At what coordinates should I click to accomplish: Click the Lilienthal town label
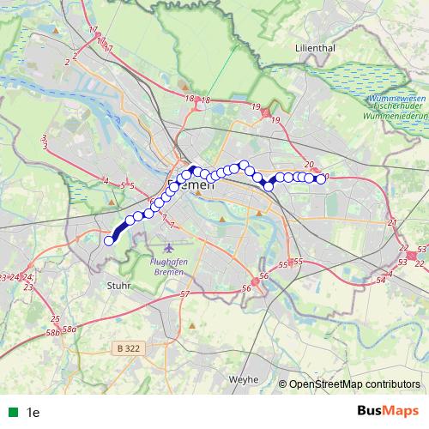click(313, 49)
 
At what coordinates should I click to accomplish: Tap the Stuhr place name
click(118, 286)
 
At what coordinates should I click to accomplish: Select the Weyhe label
click(244, 378)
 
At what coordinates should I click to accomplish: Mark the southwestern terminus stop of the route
click(109, 241)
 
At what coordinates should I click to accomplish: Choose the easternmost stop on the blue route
click(322, 179)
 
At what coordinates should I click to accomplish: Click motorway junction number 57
click(184, 294)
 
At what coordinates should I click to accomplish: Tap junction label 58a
click(69, 328)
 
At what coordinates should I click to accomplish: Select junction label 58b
click(53, 330)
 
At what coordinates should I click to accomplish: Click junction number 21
click(392, 223)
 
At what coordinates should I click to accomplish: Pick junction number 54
click(390, 274)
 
